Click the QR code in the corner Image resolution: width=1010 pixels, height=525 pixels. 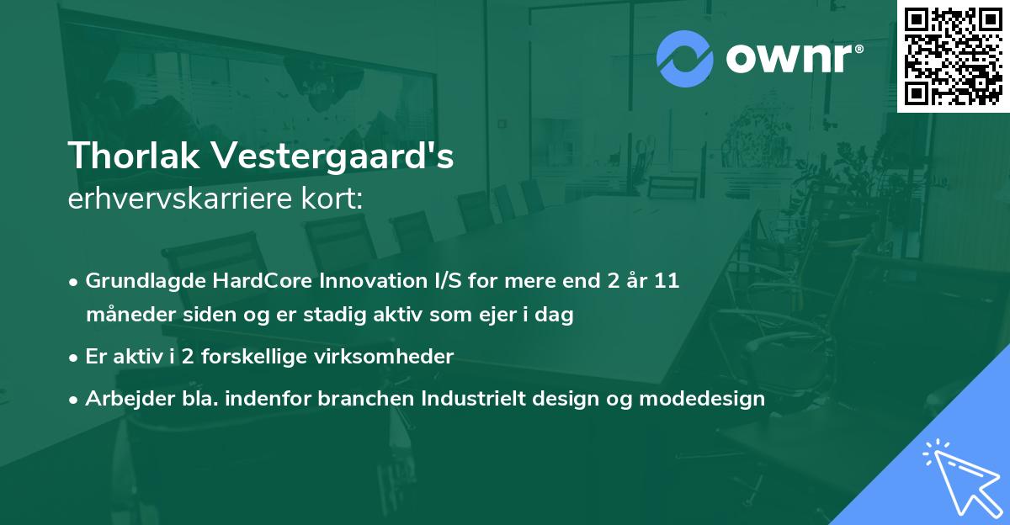[953, 56]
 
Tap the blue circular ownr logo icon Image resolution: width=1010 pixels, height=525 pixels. [685, 59]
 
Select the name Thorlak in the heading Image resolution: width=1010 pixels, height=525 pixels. [134, 156]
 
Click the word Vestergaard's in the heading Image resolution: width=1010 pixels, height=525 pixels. [332, 156]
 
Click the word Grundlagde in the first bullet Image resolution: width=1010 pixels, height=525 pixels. [146, 281]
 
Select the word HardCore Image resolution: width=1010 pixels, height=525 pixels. [263, 281]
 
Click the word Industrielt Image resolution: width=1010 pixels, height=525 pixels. [473, 398]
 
